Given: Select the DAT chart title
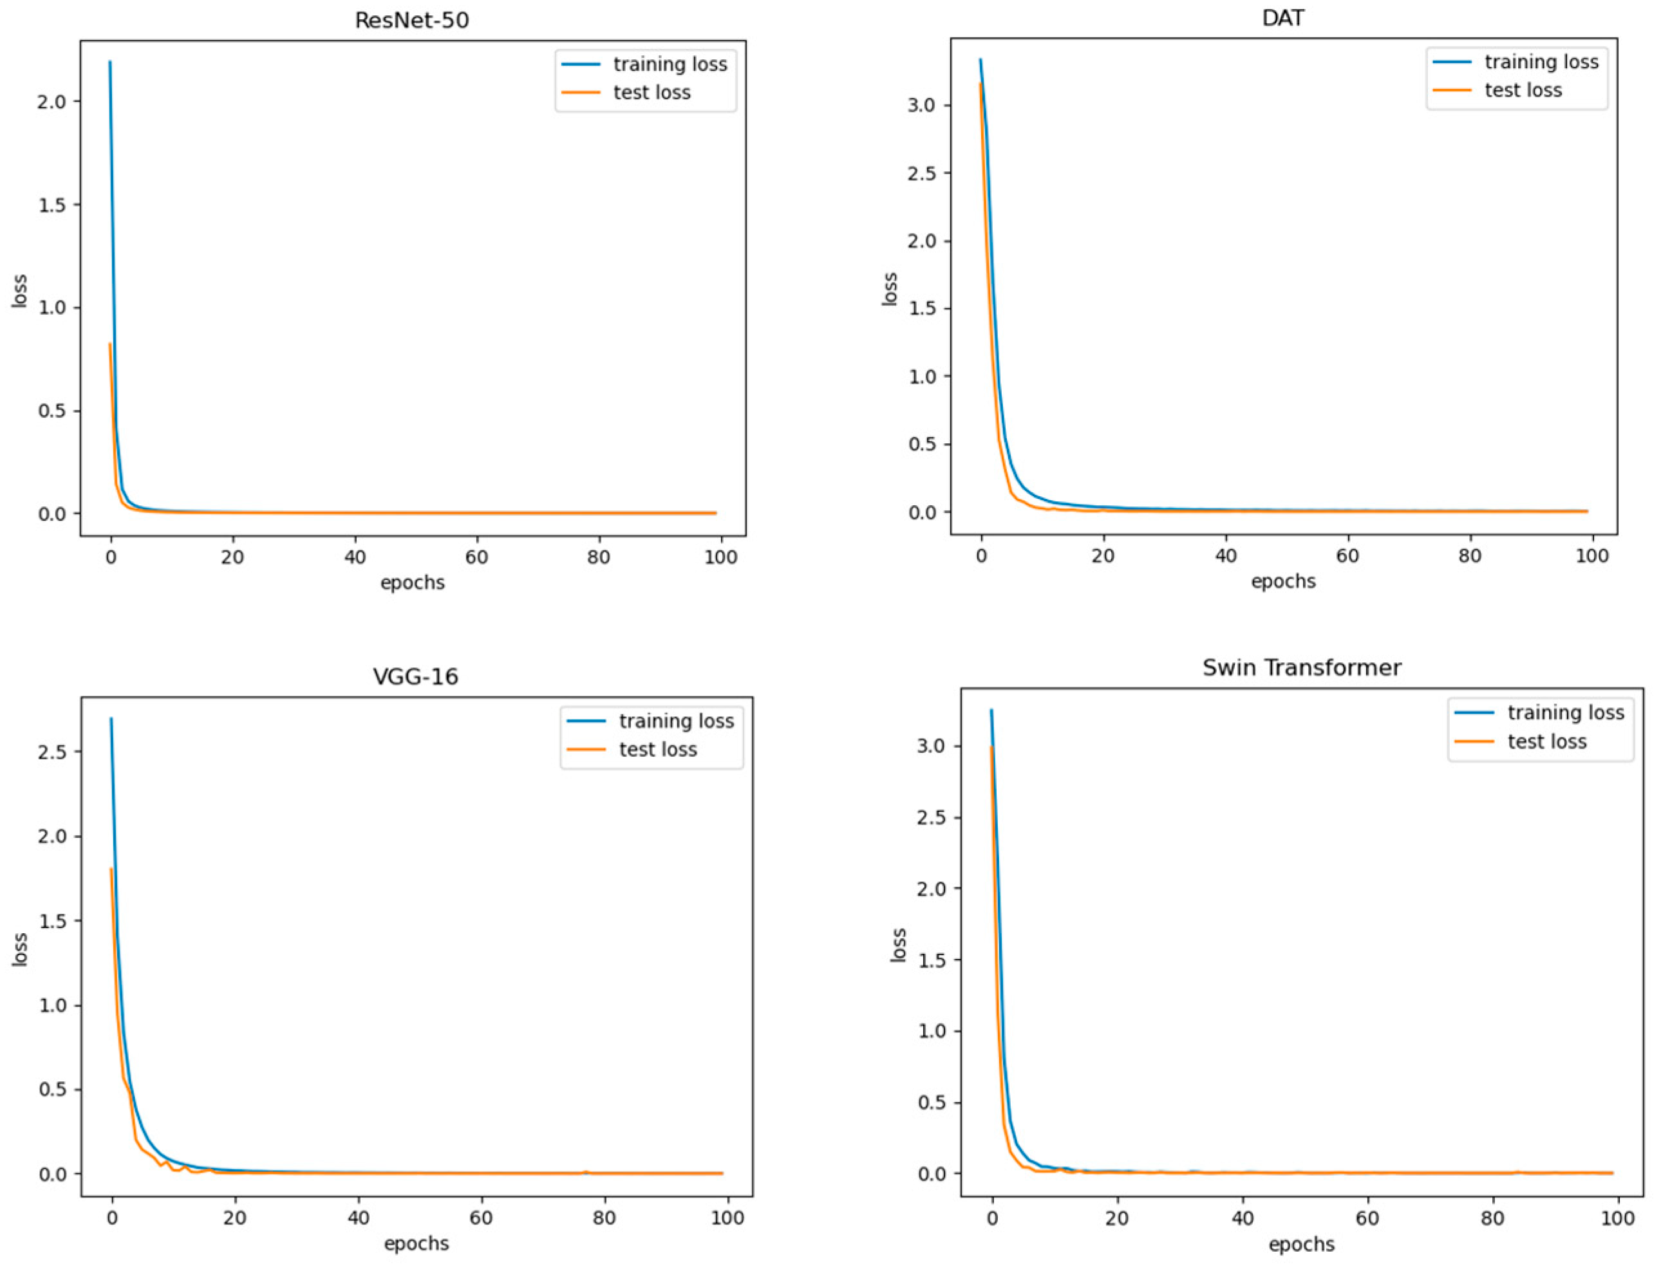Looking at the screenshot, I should tap(1282, 17).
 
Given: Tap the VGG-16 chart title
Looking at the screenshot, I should tap(415, 676).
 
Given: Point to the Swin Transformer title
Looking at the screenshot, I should tap(1301, 667).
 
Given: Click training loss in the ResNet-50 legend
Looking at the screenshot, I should tap(670, 64).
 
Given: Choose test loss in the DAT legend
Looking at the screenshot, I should tap(1523, 90).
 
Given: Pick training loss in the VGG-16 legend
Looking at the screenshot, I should tap(675, 721).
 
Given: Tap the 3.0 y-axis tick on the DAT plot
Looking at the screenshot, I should tap(921, 106).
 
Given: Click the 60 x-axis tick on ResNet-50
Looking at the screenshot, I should tap(477, 557).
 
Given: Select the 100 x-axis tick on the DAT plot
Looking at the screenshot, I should tap(1591, 555).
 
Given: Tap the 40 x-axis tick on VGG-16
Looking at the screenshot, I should tap(358, 1218).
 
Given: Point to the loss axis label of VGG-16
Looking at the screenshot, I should tap(20, 949).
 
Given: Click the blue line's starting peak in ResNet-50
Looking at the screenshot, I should tap(110, 62).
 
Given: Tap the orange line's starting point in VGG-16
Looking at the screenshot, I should tap(111, 869).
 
